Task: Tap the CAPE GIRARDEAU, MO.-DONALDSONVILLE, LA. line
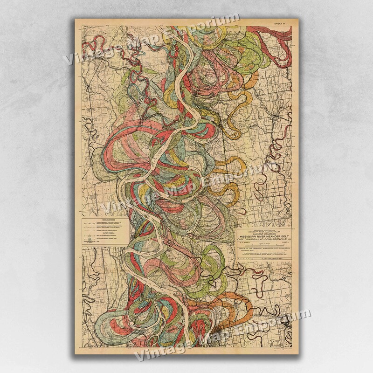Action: [264, 239]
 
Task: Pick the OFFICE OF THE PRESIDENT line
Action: [264, 248]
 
